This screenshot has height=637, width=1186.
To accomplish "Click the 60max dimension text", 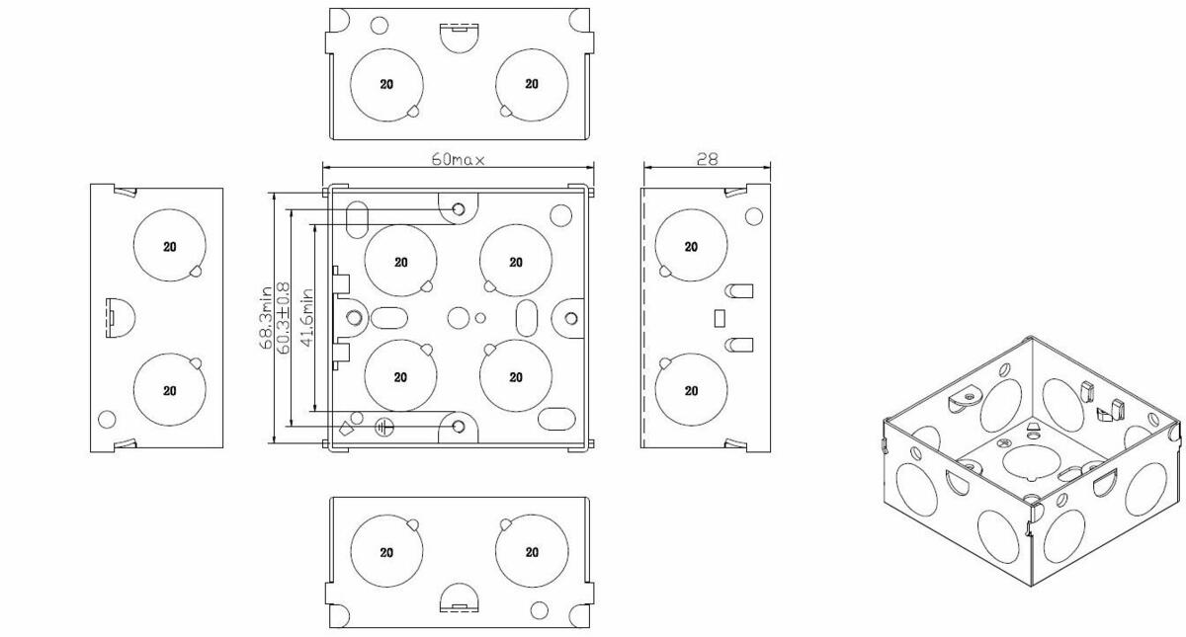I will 458,159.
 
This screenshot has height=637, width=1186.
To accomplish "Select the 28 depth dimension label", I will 707,158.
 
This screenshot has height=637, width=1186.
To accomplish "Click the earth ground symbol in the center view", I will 385,428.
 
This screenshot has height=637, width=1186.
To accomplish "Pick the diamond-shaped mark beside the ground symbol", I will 345,429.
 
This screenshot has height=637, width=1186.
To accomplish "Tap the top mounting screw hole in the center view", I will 459,209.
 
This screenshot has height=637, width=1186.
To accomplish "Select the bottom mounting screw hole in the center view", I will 459,426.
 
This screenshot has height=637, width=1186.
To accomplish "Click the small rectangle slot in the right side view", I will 720,318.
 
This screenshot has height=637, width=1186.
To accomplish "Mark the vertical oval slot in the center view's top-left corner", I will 360,214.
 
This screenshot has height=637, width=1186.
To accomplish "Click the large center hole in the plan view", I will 458,318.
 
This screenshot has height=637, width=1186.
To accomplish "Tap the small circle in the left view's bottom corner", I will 107,419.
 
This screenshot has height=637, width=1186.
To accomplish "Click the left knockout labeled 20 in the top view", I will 386,84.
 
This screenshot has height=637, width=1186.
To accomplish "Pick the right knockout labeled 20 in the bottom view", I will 532,551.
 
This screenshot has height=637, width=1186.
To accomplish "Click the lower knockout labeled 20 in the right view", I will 691,390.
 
